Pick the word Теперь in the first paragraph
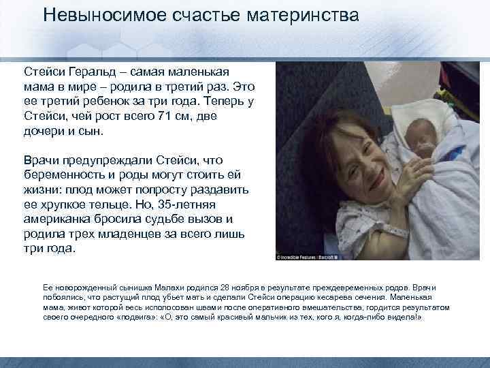click(221, 102)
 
